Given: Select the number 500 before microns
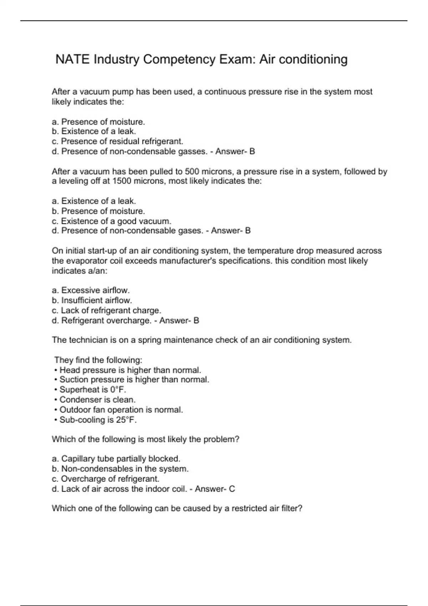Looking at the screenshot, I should coord(192,171).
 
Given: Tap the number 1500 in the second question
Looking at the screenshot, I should coord(122,181).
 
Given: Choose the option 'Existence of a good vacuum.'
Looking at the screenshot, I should coord(112,221).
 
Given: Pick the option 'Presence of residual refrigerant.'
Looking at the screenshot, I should coord(117,141).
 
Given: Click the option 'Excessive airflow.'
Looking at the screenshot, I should coord(91,290).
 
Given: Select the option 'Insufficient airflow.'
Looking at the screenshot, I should coord(92,300).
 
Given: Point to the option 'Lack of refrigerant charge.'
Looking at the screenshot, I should coord(106,310).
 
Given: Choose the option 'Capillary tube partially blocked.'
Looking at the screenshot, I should coord(116,458).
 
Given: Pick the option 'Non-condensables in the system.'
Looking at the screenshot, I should coord(120,468).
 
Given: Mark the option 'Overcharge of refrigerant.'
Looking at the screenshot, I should coord(106,478).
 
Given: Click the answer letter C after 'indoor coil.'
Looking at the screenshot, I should coord(232,489).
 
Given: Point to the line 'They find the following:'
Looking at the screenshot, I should coord(98,360).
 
